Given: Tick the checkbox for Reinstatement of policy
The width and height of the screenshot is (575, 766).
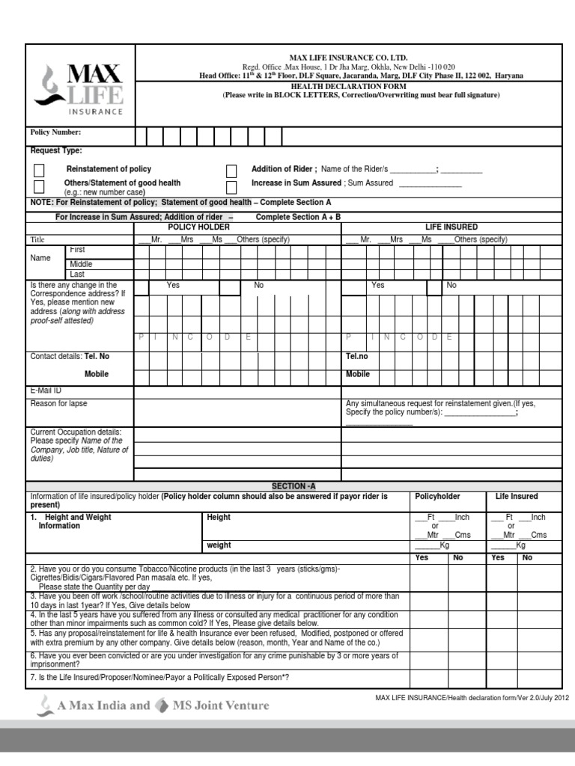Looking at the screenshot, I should [39, 171].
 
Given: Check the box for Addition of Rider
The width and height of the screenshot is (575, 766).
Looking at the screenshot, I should [231, 171].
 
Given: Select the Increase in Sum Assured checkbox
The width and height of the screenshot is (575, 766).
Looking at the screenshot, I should [231, 186].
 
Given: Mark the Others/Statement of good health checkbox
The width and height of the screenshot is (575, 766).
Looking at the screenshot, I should [39, 186].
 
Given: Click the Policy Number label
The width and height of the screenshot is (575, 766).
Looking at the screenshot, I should [55, 132].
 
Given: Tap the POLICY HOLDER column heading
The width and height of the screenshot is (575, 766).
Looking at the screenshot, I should [198, 227].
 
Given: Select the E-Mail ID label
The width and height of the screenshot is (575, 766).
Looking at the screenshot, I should [46, 390].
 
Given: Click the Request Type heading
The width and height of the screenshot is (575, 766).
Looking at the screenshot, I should [56, 151].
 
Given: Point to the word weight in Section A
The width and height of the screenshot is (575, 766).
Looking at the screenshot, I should [219, 545].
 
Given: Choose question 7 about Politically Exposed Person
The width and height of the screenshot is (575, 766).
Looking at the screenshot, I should [159, 678].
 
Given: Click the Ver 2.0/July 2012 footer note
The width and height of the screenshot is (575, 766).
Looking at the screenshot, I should [472, 698].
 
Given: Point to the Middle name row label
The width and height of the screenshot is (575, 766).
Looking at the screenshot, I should [82, 264].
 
